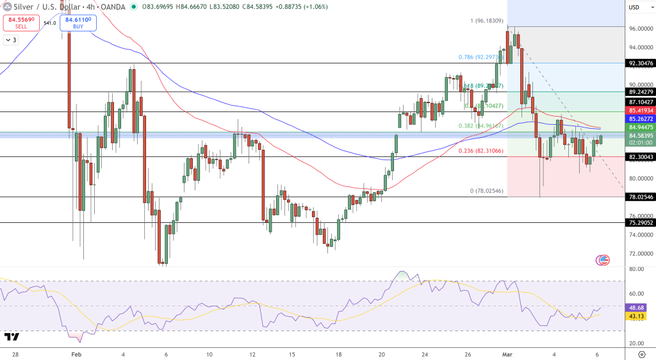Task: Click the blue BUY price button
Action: coord(77,23)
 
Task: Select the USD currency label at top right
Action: coord(634,7)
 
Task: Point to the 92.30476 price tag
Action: coord(640,63)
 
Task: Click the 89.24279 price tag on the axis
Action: coord(640,92)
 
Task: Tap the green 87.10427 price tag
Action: coord(640,102)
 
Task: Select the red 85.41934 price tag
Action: coord(640,111)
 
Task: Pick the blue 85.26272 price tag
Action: coord(640,119)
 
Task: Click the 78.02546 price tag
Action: coord(640,197)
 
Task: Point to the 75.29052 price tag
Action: coord(640,223)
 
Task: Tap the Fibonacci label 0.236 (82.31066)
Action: coord(482,151)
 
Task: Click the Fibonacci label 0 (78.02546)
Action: coord(488,191)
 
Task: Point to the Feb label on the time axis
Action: coord(76,354)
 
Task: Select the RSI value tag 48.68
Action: coord(636,307)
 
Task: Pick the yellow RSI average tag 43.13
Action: coord(636,315)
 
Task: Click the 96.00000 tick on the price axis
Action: coord(640,29)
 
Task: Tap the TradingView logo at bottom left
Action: coord(11,337)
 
